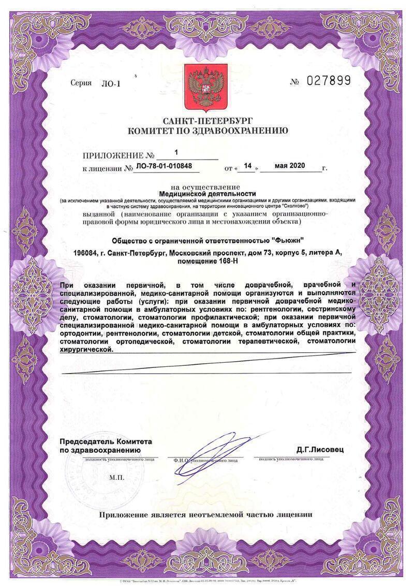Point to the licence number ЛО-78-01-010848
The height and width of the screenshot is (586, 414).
pyautogui.click(x=164, y=167)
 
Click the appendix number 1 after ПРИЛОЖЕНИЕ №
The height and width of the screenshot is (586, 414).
pyautogui.click(x=176, y=153)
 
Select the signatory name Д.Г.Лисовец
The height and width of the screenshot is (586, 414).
pyautogui.click(x=320, y=449)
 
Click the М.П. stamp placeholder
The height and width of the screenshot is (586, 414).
pyautogui.click(x=117, y=477)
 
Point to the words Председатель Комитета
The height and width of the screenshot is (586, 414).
pyautogui.click(x=106, y=441)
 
